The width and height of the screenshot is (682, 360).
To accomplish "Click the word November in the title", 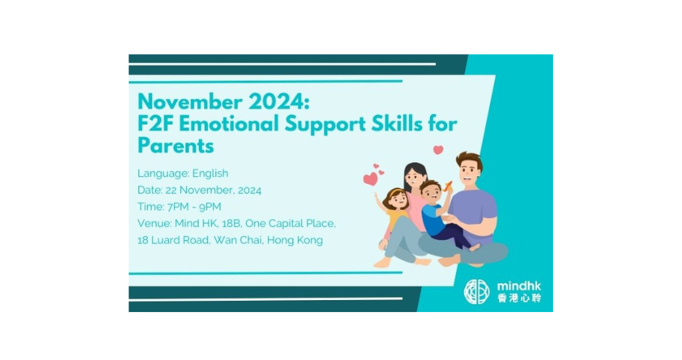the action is [x=190, y=102].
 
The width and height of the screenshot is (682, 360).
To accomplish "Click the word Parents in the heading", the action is [x=176, y=145].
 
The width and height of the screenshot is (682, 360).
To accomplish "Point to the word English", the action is [x=210, y=173].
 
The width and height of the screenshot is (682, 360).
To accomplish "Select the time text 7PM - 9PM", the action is [x=194, y=206].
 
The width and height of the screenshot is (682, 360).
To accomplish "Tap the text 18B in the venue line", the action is [x=231, y=223].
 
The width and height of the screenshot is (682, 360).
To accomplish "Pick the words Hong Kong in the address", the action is [x=295, y=241].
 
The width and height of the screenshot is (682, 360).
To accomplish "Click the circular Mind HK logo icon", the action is [x=476, y=291].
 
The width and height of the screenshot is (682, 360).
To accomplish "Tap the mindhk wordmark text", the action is [x=519, y=286].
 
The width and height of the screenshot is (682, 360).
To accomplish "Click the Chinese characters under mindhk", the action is [x=519, y=298].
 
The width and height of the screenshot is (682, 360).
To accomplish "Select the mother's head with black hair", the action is [x=415, y=177].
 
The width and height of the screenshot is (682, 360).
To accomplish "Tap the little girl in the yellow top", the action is [x=395, y=214].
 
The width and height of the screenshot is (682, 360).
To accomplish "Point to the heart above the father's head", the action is [x=438, y=149].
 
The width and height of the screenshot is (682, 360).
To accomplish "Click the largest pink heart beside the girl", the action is [x=371, y=178].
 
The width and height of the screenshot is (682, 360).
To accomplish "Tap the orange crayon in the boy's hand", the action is [x=449, y=184].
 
